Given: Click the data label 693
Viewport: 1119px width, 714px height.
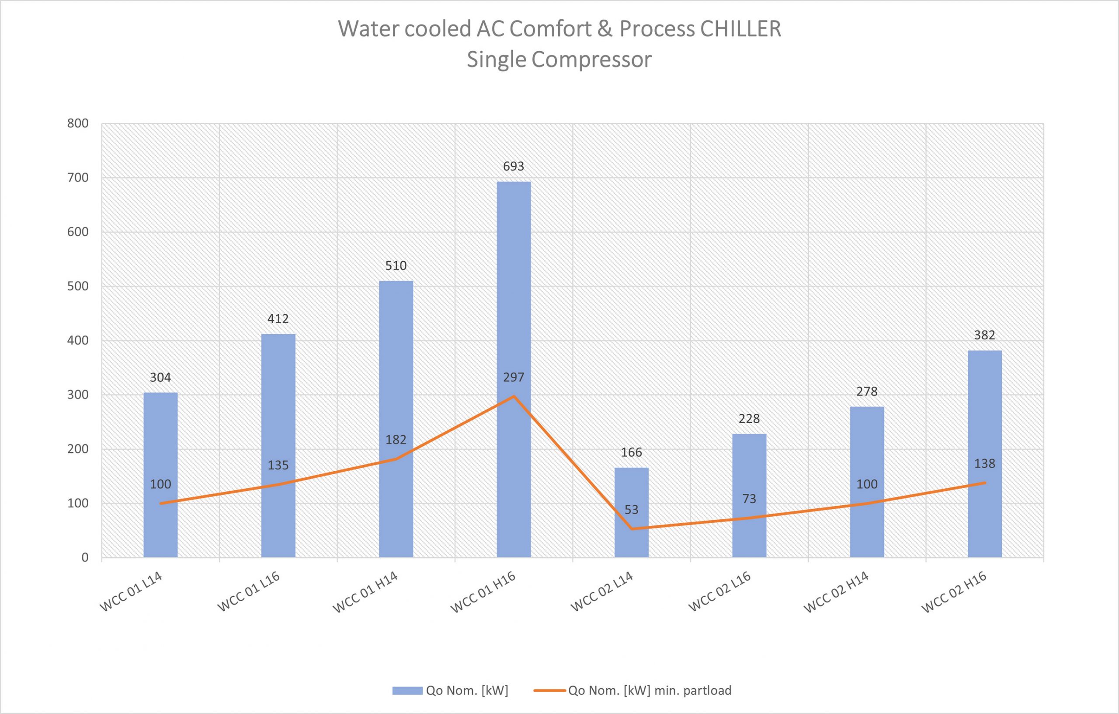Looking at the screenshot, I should click(x=514, y=167).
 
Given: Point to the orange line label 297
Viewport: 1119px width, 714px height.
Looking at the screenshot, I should click(x=514, y=377).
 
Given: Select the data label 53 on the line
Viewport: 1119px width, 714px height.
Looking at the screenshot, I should click(x=631, y=510).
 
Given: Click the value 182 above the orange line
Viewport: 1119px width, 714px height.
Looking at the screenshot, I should click(x=396, y=440).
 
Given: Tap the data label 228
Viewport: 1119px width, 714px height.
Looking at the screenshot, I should click(x=749, y=419).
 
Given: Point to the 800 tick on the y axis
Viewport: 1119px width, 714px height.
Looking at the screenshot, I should click(x=78, y=124).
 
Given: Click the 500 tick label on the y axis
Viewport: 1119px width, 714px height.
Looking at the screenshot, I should click(x=78, y=286).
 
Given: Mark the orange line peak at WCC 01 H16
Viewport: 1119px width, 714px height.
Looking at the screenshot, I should click(x=514, y=396).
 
